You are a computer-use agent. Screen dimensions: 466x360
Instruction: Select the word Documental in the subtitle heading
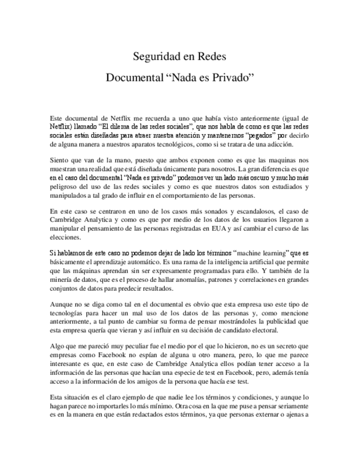(x=133, y=77)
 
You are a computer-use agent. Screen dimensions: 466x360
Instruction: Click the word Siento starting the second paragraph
(x=59, y=160)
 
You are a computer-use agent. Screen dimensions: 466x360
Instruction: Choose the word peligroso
(x=65, y=187)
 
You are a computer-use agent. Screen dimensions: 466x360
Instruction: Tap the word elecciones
(x=65, y=238)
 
